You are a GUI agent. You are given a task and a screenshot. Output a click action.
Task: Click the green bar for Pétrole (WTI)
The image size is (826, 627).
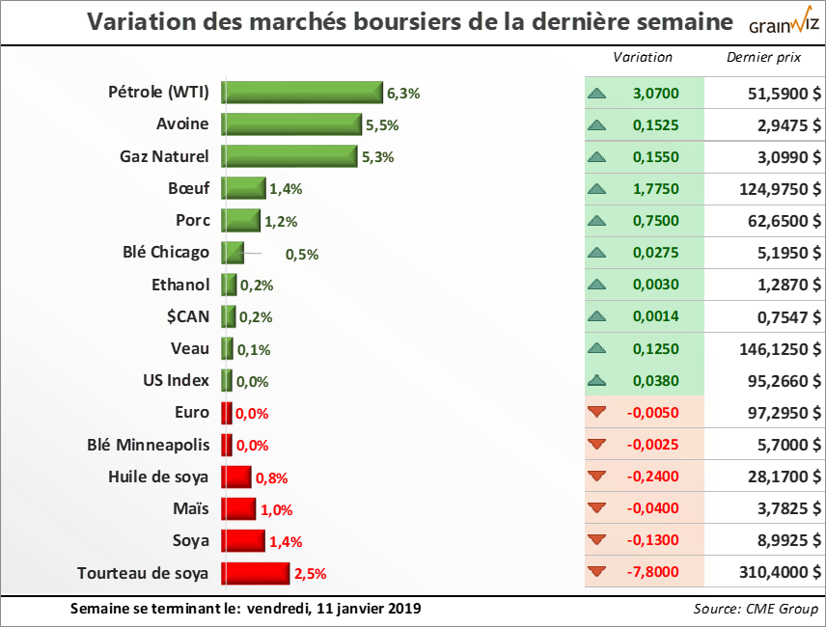tap(302, 93)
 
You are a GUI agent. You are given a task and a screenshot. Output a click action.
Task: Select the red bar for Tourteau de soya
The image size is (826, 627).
tap(256, 573)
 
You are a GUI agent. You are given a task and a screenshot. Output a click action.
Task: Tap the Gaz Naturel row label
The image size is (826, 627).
tap(164, 156)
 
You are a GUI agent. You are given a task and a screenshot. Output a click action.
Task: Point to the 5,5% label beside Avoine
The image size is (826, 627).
tap(382, 125)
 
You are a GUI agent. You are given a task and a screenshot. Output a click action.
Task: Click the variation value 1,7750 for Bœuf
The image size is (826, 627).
tap(657, 189)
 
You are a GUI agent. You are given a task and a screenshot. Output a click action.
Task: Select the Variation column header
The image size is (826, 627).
tap(643, 58)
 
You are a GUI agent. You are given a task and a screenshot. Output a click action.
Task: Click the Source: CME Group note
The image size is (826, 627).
tap(756, 609)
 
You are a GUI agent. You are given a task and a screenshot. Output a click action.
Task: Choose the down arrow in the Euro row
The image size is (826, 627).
tap(597, 413)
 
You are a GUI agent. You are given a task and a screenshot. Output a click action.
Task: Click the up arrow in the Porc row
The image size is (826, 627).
tap(597, 221)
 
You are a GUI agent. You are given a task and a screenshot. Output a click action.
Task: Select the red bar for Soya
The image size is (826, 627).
tap(243, 541)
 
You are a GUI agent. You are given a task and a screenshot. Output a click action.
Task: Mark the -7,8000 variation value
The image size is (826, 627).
tap(653, 572)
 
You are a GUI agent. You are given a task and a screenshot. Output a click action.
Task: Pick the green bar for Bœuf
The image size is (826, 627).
tap(243, 189)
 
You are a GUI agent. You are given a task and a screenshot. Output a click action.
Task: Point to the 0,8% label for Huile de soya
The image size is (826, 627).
tap(272, 477)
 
